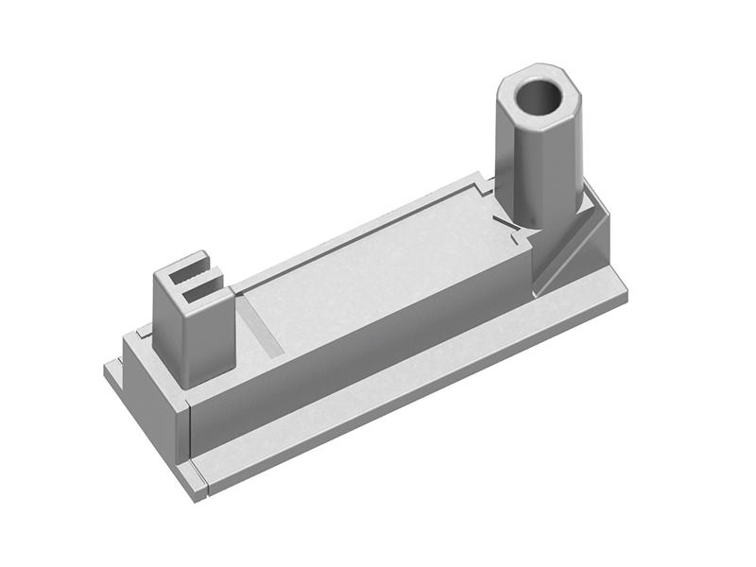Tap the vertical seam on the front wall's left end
(x=192, y=430)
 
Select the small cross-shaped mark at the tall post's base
(x=510, y=230)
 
